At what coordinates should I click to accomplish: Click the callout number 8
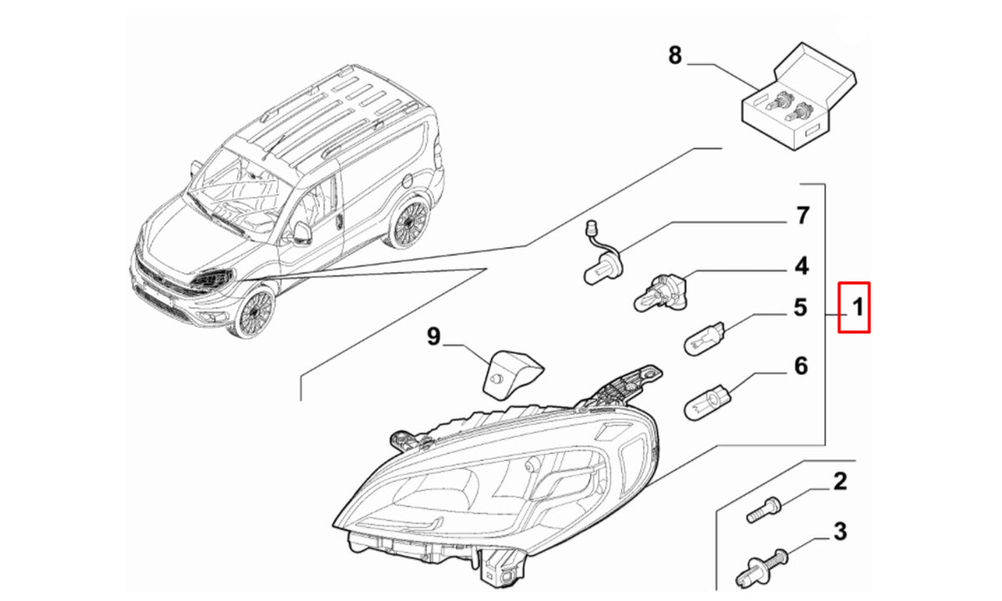coord(675,55)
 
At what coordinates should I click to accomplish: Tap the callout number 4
coord(802,266)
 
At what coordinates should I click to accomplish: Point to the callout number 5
coord(801,308)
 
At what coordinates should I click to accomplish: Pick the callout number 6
coord(801,366)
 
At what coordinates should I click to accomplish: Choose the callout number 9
coord(433,336)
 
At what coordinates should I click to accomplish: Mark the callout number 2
coord(840,482)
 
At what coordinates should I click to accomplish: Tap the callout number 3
coord(841,532)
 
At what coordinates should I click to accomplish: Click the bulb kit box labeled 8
coord(799,97)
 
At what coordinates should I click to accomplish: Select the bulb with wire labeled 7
coord(603,254)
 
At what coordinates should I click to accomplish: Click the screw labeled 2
coord(763,510)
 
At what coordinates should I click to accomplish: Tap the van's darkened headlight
coord(212,279)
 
